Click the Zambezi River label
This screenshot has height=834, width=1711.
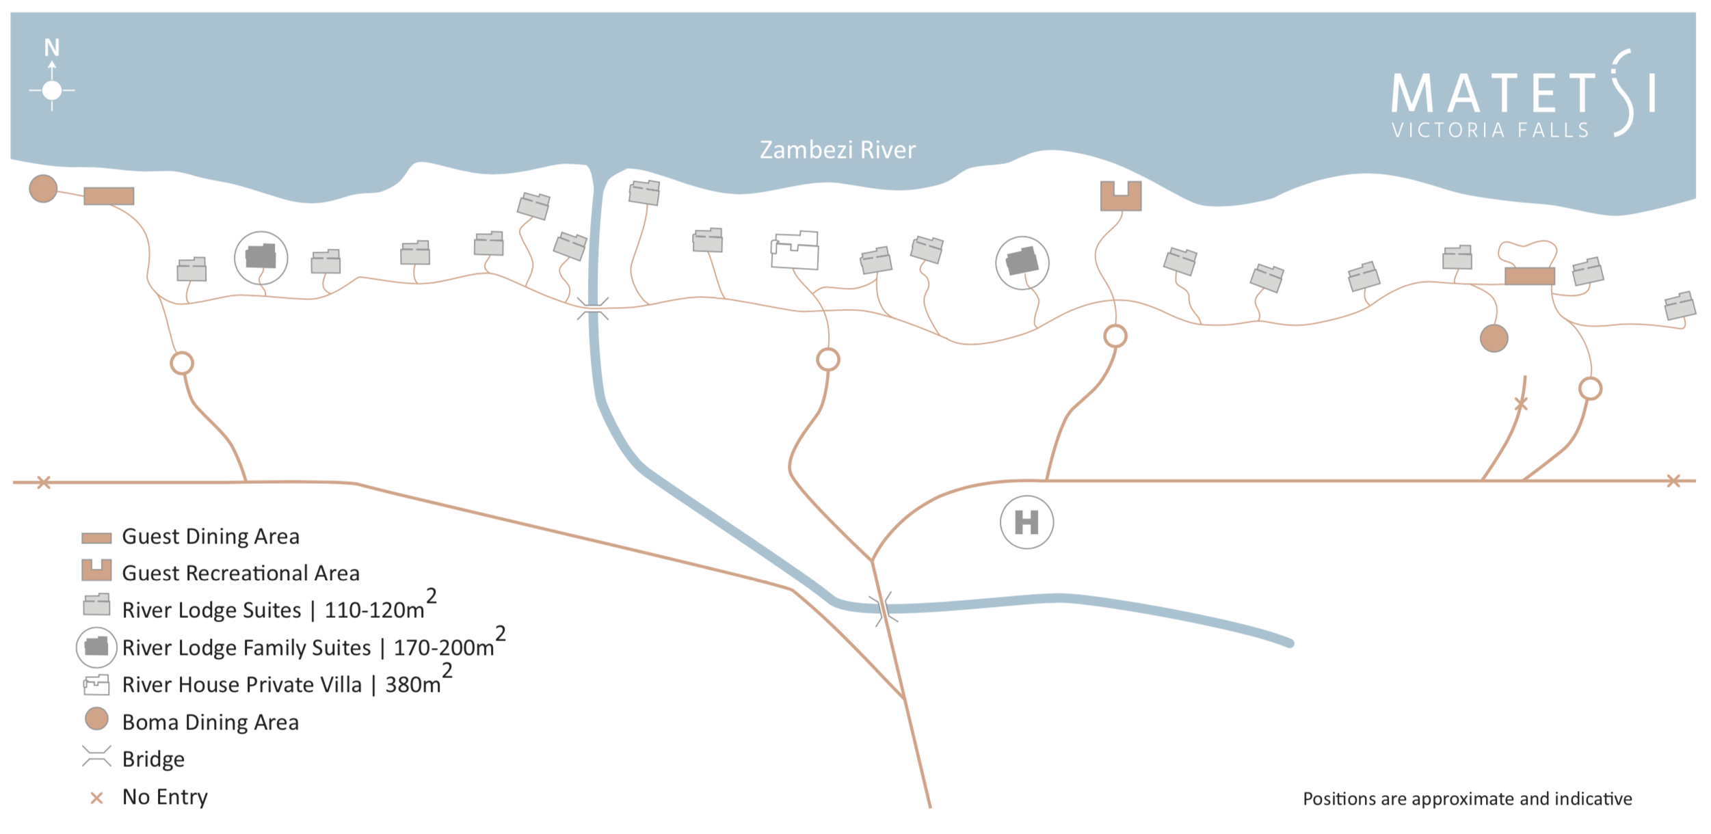(x=837, y=150)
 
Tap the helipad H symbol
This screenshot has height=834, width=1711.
(x=1026, y=522)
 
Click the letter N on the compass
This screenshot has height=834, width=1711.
(x=52, y=47)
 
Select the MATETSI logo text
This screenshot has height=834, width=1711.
(x=1522, y=94)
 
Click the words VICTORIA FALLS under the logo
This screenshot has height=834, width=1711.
(x=1490, y=130)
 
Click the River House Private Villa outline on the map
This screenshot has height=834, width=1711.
(x=795, y=250)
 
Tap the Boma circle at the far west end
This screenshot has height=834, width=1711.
(x=43, y=189)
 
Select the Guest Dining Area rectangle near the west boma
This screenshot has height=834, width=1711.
(x=109, y=196)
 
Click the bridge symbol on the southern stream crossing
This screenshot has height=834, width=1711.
(x=884, y=608)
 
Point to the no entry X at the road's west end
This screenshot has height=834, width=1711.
(x=44, y=483)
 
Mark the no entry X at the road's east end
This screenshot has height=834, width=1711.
(x=1673, y=481)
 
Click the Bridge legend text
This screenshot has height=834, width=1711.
(x=153, y=759)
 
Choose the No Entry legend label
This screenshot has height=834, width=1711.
(x=165, y=797)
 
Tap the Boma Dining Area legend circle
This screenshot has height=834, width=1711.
(x=96, y=719)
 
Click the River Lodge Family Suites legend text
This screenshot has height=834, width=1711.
(x=246, y=647)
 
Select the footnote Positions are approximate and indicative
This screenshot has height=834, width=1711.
(x=1467, y=798)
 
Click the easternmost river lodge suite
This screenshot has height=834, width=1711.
(x=1680, y=306)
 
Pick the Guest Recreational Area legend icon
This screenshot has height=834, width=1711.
(x=96, y=570)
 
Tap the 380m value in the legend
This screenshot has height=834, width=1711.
(x=413, y=685)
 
